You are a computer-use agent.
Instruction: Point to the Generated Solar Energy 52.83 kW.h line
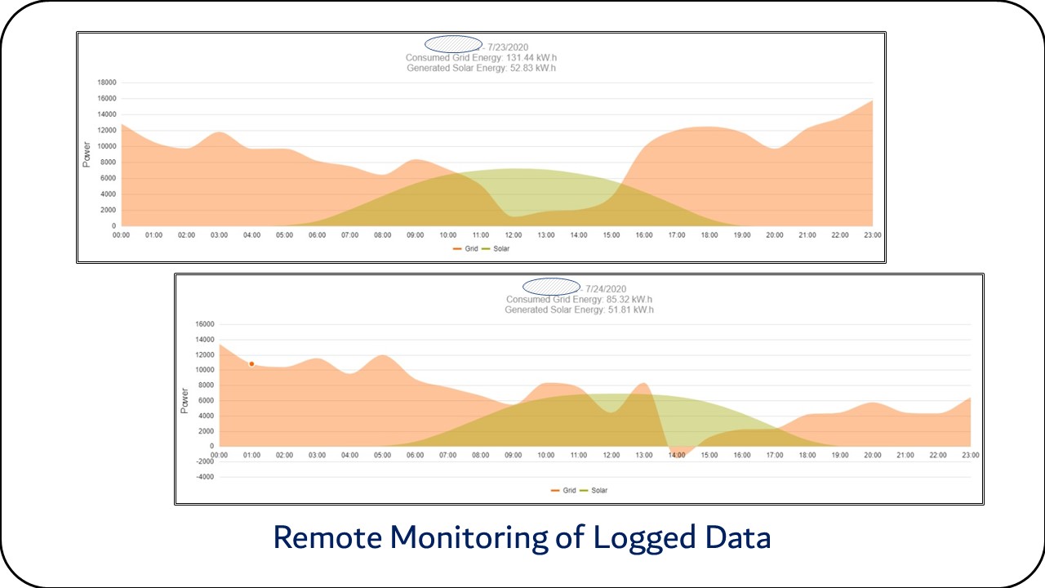point(481,68)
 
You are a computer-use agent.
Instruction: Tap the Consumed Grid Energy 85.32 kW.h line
point(579,300)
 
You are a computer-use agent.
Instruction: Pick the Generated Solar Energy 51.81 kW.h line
point(579,310)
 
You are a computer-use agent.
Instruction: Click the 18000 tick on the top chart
point(107,82)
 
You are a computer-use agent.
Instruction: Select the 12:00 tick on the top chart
point(513,235)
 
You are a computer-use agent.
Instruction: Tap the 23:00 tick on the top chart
point(872,235)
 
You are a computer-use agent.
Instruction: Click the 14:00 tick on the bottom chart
point(676,455)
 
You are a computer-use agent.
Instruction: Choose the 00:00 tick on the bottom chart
point(219,455)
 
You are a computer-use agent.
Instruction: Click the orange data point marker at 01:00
point(251,363)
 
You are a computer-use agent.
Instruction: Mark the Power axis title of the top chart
point(87,154)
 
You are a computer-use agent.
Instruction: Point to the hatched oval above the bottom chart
point(551,287)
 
